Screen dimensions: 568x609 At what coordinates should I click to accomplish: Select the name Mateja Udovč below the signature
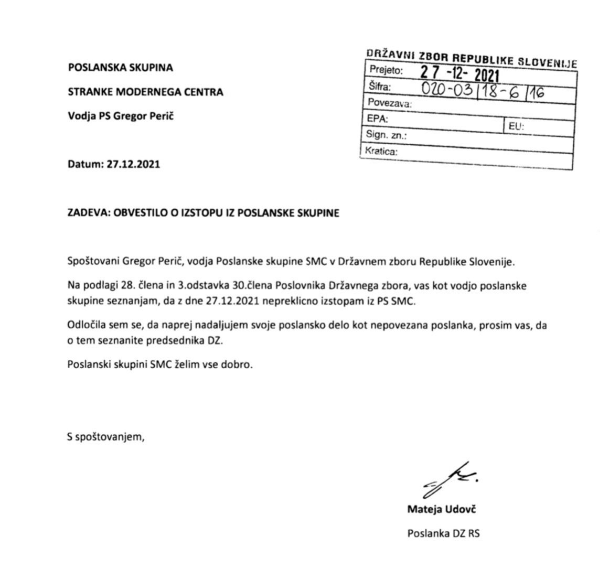[x=442, y=509]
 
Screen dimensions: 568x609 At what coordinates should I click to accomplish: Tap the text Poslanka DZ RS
[x=443, y=534]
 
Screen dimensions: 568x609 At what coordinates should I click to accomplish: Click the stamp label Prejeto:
[x=386, y=70]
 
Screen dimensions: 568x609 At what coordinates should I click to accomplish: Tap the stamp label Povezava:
[x=390, y=103]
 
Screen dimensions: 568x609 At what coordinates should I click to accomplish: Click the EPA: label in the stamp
[x=378, y=119]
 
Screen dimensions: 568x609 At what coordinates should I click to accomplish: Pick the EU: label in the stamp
[x=516, y=126]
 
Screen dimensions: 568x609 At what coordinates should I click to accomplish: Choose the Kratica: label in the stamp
[x=381, y=152]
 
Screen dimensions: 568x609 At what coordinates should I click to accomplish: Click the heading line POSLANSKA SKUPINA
[x=120, y=68]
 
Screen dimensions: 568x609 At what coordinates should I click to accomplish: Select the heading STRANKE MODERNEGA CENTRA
[x=145, y=92]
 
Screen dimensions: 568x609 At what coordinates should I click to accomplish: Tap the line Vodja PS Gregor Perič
[x=121, y=116]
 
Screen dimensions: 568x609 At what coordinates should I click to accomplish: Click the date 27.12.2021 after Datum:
[x=133, y=164]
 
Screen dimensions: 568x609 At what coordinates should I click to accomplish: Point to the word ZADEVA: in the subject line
[x=86, y=213]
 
